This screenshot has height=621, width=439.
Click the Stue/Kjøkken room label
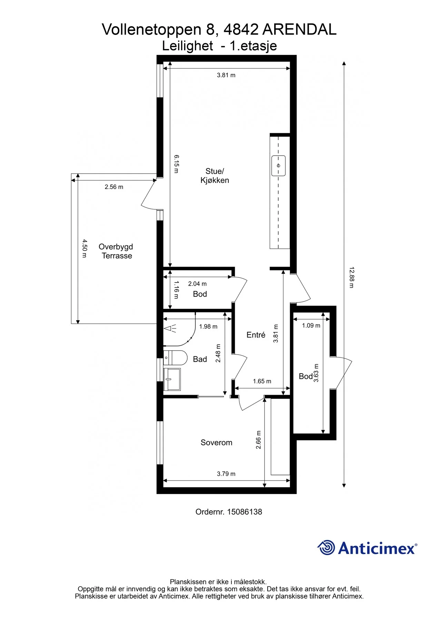coord(214,176)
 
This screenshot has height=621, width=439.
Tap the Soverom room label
coord(216,443)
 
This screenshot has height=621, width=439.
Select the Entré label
coord(256,335)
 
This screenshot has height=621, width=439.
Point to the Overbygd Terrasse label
coord(116,251)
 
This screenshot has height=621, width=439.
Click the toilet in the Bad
coord(175,358)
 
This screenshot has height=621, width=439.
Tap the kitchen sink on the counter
coord(278,166)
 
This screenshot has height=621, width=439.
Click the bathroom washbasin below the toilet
coord(172,379)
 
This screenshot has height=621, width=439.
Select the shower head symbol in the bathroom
coord(170,328)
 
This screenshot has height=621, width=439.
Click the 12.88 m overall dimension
coord(351,277)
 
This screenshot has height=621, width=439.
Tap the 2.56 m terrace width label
coord(114,187)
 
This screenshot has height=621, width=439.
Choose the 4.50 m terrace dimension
coord(84,249)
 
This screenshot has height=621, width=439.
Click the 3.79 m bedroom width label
coord(226,474)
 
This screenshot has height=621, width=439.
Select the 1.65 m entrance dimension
coord(262,381)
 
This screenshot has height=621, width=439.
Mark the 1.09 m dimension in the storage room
coord(311,325)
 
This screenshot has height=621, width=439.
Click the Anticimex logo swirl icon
coord(326,548)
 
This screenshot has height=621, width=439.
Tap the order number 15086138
coord(245,512)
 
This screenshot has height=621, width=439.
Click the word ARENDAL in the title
coord(299,30)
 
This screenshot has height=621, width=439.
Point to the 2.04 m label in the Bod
coord(197,284)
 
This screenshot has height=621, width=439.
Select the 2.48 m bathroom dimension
coord(218,353)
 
